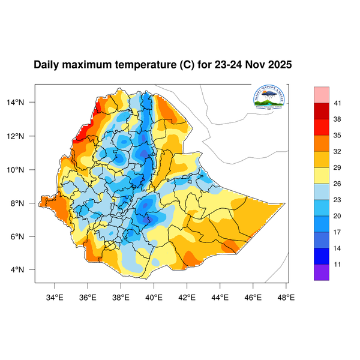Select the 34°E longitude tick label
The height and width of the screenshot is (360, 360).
[x=55, y=296]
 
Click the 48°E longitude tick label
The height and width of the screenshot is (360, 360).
[x=286, y=296]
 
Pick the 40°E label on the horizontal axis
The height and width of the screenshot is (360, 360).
[x=154, y=296]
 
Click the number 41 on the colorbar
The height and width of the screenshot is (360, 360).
[x=338, y=104]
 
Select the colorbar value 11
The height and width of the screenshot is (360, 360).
[x=338, y=263]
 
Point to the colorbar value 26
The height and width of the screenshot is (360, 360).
[x=338, y=184]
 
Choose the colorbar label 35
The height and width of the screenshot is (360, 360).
[x=338, y=136]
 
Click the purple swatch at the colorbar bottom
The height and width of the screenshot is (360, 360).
[x=322, y=272]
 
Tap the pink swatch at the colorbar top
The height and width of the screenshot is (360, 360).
[x=322, y=95]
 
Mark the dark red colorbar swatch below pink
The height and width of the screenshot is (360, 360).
[x=322, y=112]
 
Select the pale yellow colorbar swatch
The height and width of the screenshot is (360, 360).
[x=322, y=175]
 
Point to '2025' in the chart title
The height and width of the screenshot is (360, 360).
[x=279, y=65]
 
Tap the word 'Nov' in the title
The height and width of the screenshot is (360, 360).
[x=254, y=65]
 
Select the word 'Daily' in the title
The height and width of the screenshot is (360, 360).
[x=47, y=65]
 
